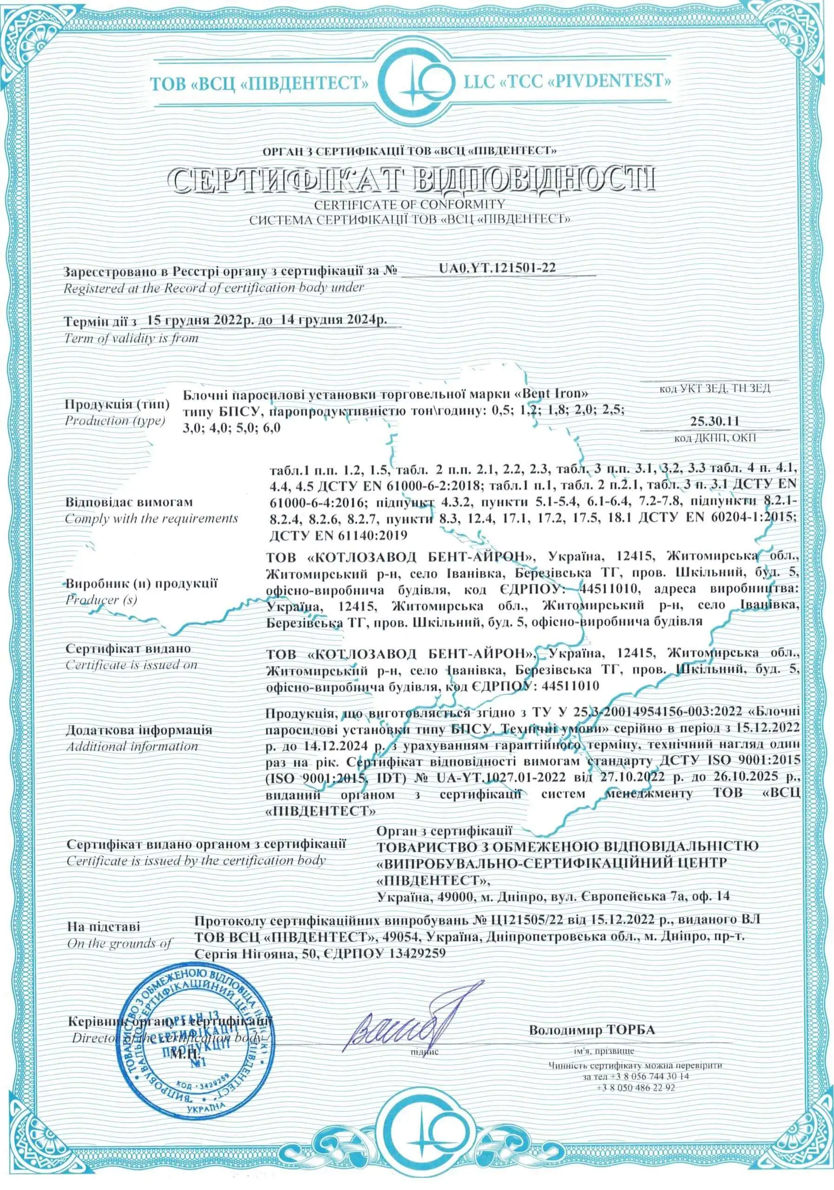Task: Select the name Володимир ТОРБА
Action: pyautogui.click(x=591, y=1029)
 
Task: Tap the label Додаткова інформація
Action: pyautogui.click(x=139, y=730)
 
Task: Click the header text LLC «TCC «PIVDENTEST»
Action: pyautogui.click(x=563, y=81)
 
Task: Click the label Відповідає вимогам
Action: pyautogui.click(x=129, y=502)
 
